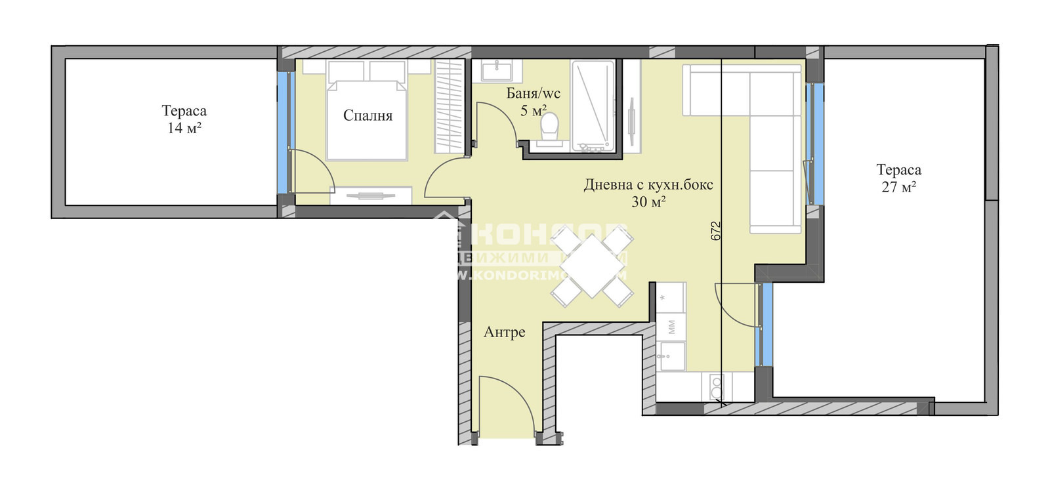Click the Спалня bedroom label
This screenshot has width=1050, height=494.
coord(367,116)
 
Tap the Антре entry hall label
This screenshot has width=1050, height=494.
coord(504,333)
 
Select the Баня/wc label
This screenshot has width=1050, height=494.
coord(533,94)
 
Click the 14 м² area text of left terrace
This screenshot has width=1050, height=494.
coord(184,129)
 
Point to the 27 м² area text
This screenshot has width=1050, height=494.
coord(898,188)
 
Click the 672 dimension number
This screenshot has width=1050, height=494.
coord(716,230)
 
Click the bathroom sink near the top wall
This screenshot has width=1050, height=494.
coord(497,70)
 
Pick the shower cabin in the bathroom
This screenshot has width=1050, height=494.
coord(593,105)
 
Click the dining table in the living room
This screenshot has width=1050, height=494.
coord(592,266)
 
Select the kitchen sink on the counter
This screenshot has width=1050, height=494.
coord(671,356)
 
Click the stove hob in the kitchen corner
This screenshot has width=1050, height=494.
coord(715,387)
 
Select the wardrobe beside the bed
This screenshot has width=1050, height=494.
coord(450,106)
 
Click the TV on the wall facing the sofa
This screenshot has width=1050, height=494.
coord(631,121)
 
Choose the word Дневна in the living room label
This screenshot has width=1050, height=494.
coord(608,186)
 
